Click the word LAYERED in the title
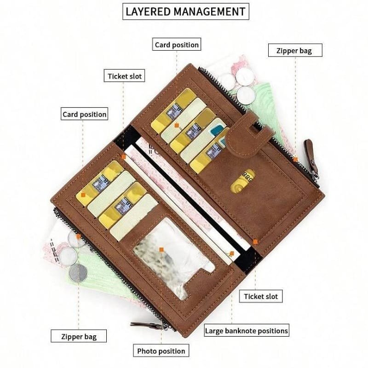coord(148,11)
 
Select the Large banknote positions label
coord(247,330)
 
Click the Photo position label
coord(161,351)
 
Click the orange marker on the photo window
coord(161,249)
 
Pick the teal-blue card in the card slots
coord(216,133)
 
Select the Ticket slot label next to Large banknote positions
coord(261,296)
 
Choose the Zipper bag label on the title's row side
coord(295,51)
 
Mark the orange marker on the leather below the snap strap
coord(296,160)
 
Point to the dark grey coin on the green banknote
coord(78,272)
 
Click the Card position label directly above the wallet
coord(177,45)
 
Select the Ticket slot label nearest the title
coord(125,76)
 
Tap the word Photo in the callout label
coord(148,351)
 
